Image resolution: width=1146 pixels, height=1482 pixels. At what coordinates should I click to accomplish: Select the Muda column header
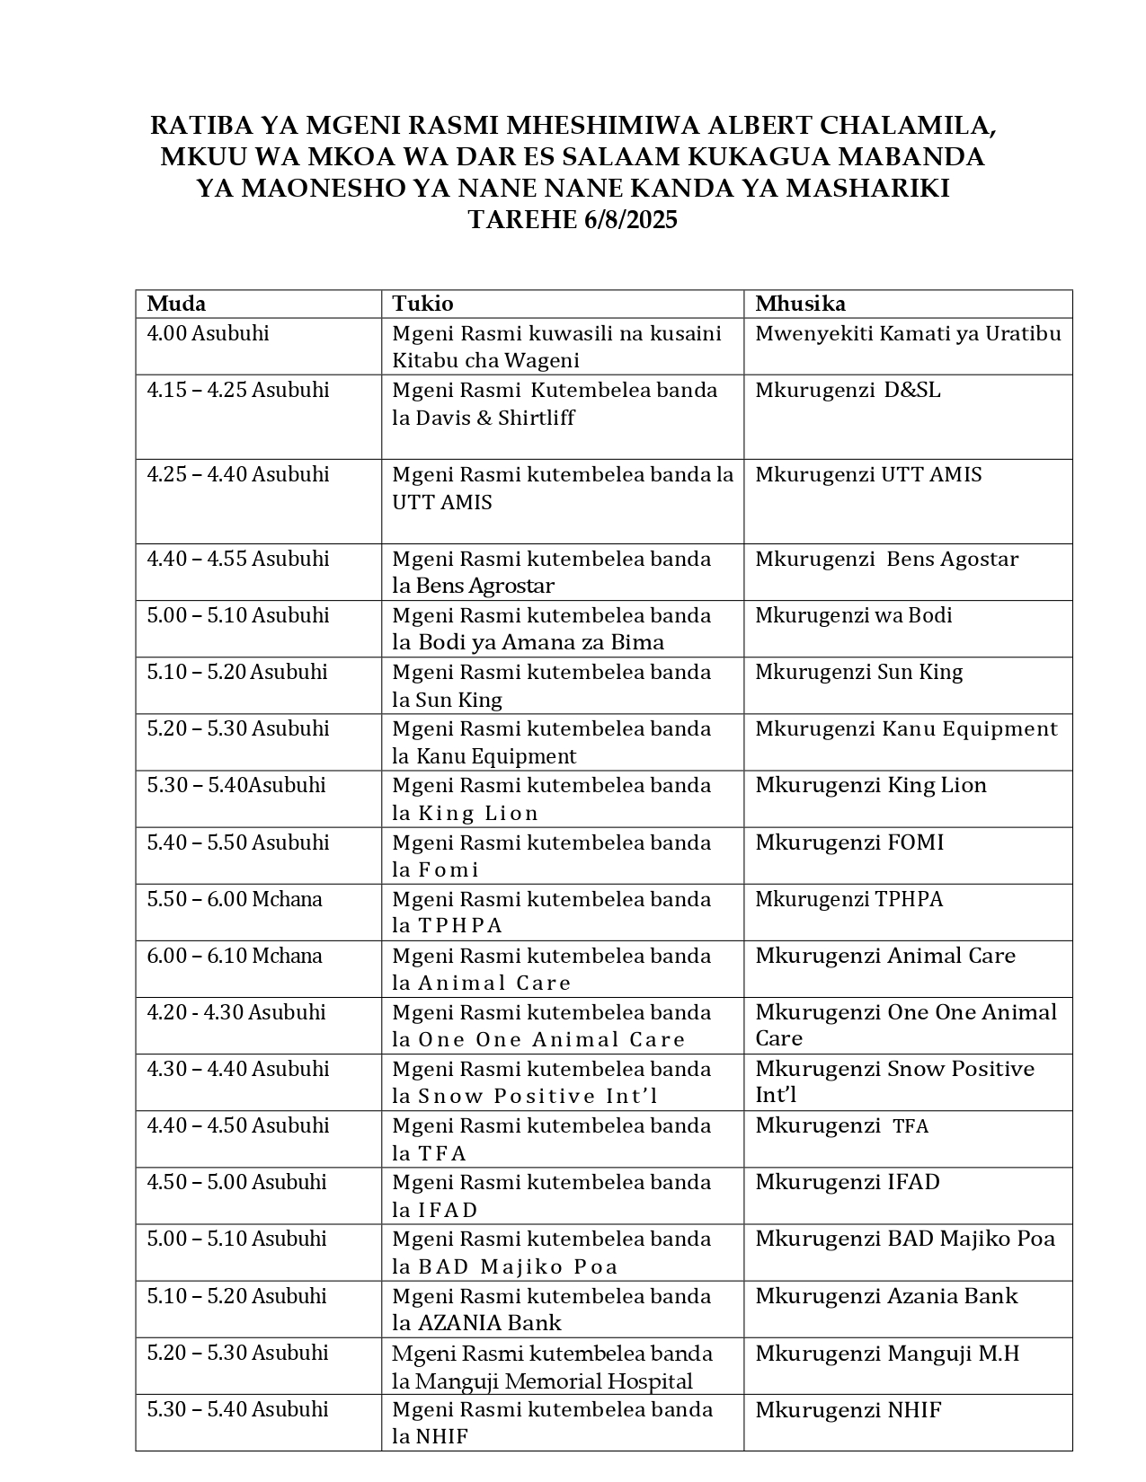[176, 304]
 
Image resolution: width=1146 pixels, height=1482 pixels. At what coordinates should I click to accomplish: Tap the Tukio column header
[422, 304]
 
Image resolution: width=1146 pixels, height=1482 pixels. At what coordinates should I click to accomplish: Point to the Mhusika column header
[800, 304]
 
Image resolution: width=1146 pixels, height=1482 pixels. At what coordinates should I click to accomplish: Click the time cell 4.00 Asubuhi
[208, 333]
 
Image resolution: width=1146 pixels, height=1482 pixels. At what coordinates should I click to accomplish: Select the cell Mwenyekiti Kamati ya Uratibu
[908, 333]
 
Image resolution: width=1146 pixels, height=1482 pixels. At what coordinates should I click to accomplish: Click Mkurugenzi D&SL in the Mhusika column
[848, 390]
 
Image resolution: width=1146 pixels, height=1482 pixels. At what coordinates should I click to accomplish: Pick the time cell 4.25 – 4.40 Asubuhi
[238, 474]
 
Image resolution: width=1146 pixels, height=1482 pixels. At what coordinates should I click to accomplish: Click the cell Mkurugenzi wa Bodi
[853, 615]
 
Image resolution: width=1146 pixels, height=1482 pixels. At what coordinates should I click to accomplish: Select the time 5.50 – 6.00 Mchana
[235, 899]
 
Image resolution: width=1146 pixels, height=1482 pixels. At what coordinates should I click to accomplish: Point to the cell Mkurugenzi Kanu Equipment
[906, 728]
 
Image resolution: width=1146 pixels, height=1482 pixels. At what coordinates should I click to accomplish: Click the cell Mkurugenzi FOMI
[849, 842]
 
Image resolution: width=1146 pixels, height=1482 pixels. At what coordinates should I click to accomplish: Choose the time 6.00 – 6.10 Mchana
[235, 956]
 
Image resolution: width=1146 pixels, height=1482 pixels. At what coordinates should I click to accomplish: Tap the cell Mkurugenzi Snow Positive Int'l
[894, 1081]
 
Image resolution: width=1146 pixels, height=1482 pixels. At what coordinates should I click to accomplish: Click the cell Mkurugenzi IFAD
[848, 1182]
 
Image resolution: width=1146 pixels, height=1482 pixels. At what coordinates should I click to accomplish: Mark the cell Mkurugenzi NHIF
[848, 1409]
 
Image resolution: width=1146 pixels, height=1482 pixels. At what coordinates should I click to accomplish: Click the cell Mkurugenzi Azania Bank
[886, 1296]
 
